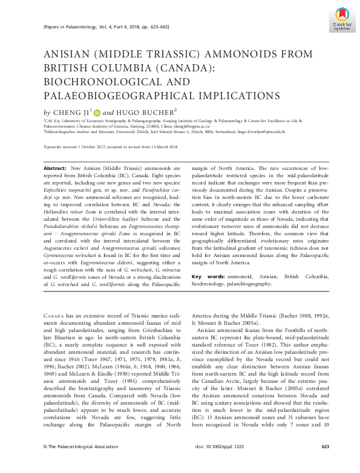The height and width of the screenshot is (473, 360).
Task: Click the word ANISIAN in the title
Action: (70, 54)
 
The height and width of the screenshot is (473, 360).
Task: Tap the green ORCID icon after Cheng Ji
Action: (97, 112)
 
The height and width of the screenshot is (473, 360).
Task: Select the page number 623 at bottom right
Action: (325, 463)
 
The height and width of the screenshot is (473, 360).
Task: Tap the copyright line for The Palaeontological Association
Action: (75, 463)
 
